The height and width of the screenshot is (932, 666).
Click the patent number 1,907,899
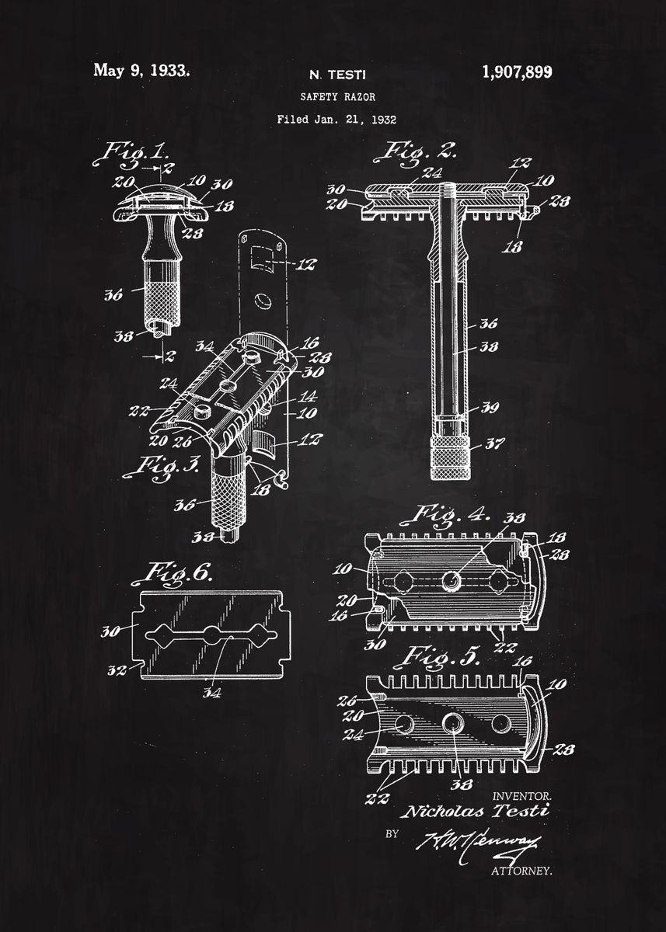point(517,72)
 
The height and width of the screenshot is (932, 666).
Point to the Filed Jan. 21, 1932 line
point(336,120)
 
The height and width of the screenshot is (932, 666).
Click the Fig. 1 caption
point(131,151)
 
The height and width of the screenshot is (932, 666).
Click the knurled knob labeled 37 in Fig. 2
point(451,459)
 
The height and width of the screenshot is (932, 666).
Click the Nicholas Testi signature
point(473,812)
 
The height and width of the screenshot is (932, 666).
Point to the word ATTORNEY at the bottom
point(521,871)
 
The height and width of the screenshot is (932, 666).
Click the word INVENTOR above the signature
point(521,796)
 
